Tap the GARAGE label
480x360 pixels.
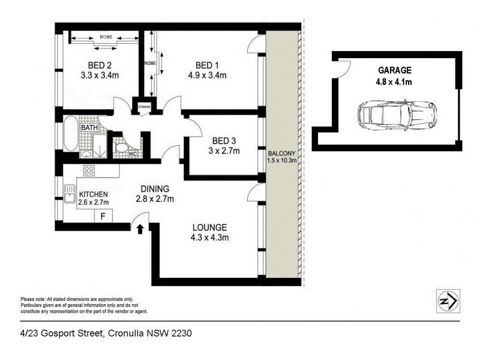(x=394, y=70)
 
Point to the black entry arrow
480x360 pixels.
(x=141, y=229)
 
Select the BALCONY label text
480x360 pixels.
(x=281, y=152)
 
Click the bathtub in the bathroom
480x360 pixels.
(x=70, y=134)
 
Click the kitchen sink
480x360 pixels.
(x=68, y=192)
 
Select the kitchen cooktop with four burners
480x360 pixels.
(x=89, y=170)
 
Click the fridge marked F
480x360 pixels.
(x=103, y=216)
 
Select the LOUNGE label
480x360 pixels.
(x=209, y=227)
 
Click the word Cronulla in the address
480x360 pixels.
(x=122, y=333)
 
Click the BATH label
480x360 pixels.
(x=89, y=128)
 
